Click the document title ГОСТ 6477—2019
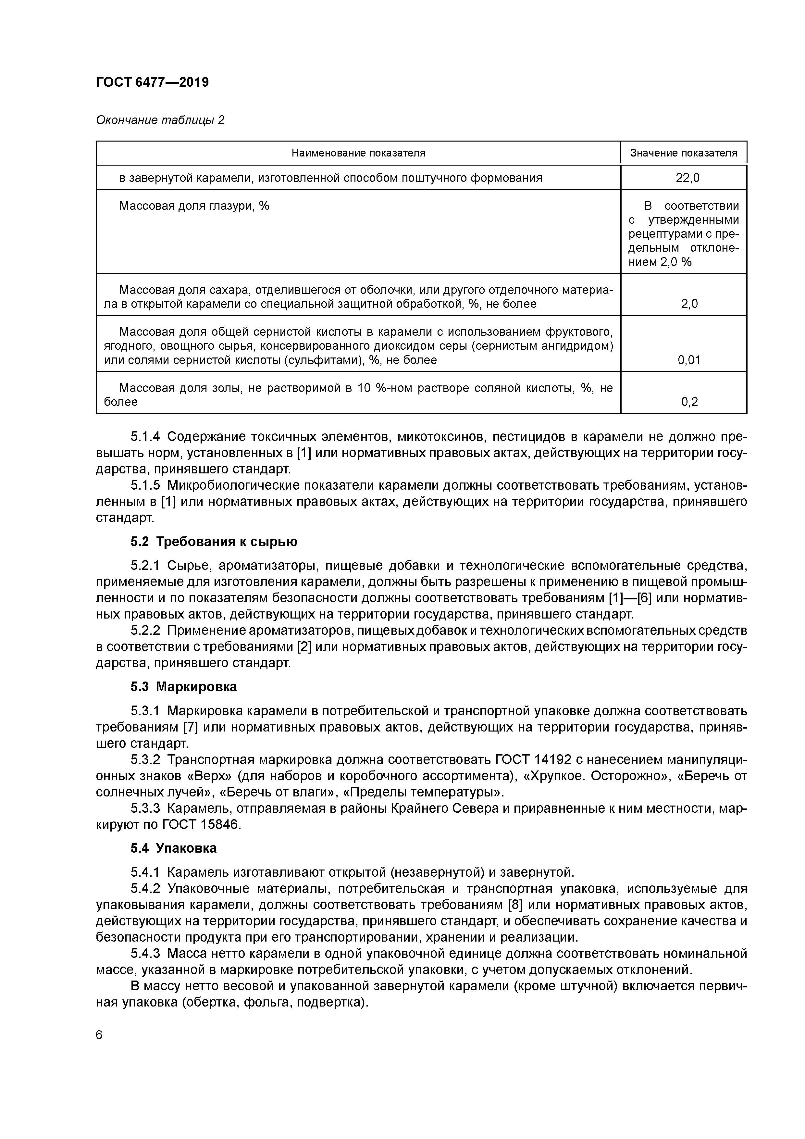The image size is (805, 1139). tap(152, 82)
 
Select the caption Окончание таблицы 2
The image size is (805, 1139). tap(160, 120)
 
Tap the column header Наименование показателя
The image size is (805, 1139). tap(358, 153)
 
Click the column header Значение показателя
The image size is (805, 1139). tap(684, 153)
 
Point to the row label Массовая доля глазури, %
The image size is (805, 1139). tap(194, 206)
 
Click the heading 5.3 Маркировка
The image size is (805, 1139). tap(183, 687)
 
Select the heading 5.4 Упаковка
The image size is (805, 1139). tap(174, 848)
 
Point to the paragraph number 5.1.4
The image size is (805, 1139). tap(145, 437)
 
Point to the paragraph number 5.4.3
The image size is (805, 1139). tap(145, 953)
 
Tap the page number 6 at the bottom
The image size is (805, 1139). tap(99, 1035)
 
